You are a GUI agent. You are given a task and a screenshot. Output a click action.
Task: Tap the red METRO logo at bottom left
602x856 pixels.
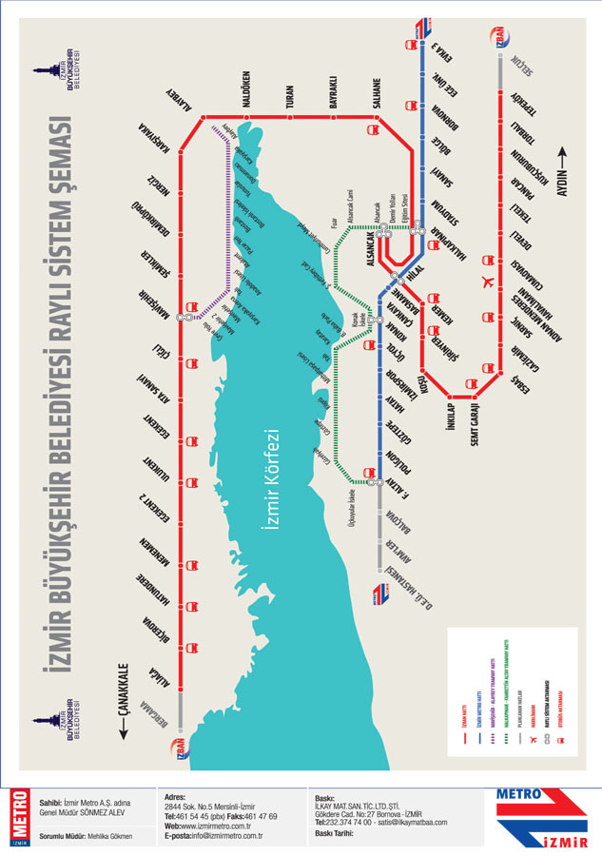pyautogui.click(x=17, y=816)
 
